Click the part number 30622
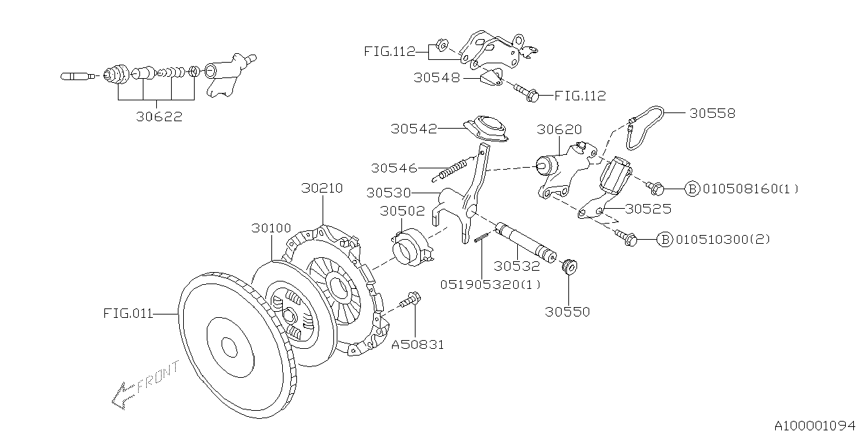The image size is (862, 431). click(159, 116)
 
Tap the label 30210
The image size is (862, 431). click(321, 189)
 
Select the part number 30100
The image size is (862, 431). click(271, 229)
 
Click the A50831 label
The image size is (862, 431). click(418, 345)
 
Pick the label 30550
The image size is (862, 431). click(567, 312)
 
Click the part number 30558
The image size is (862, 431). click(712, 113)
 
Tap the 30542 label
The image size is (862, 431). click(413, 128)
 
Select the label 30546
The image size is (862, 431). click(394, 168)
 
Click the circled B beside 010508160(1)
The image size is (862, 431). click(692, 189)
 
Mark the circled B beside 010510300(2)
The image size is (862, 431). click(665, 239)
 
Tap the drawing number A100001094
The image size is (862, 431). click(816, 426)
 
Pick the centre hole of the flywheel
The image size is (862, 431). click(229, 347)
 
